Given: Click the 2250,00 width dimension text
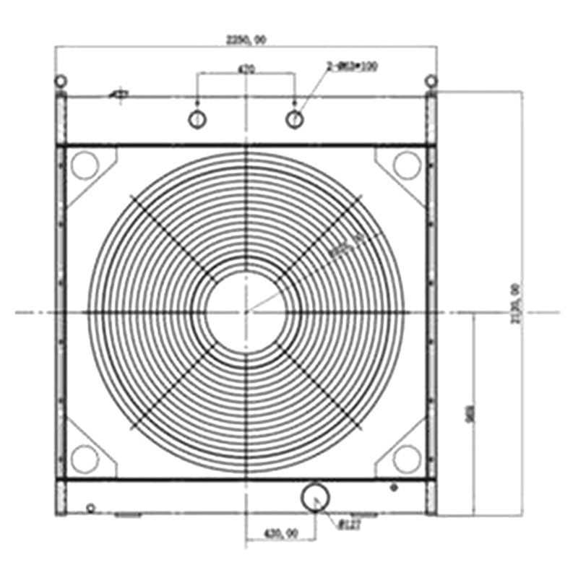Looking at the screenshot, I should (246, 40).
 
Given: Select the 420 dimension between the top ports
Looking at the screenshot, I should (246, 69).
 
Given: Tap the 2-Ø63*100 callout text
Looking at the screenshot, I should (353, 66).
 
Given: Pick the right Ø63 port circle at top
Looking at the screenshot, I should (294, 119).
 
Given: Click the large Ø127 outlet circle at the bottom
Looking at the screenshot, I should (315, 497).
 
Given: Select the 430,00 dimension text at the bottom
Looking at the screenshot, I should (280, 533).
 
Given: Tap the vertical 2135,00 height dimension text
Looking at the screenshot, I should (515, 303).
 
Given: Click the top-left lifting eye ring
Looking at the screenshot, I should (61, 80).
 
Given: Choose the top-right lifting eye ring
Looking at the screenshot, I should (431, 80).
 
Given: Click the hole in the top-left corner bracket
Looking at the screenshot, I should (85, 164).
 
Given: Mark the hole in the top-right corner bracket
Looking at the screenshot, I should (407, 165).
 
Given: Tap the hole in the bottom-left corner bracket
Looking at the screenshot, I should (85, 458).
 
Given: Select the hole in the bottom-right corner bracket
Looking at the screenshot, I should (407, 458).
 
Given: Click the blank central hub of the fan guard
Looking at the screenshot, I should (246, 311).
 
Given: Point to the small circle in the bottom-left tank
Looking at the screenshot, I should (90, 508).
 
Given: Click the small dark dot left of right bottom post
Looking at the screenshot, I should (394, 488).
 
